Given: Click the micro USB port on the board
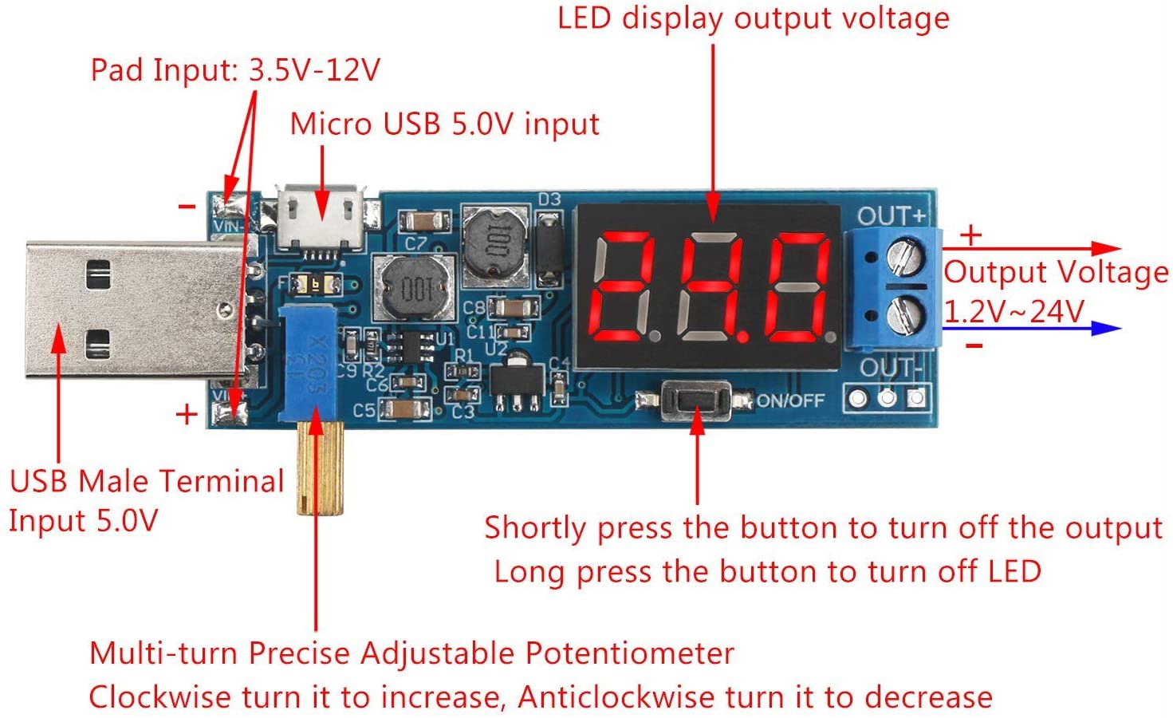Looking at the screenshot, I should pyautogui.click(x=321, y=217).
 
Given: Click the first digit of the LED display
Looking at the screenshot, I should pyautogui.click(x=624, y=285).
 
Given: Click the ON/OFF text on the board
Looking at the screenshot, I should pyautogui.click(x=789, y=400).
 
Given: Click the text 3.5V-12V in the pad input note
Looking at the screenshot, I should pyautogui.click(x=315, y=70).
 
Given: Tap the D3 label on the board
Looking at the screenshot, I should pyautogui.click(x=549, y=199).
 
